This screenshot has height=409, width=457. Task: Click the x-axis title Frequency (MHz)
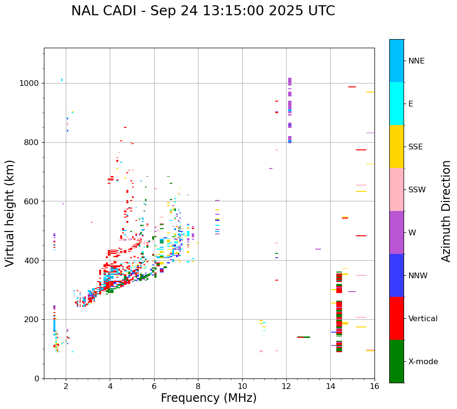208,398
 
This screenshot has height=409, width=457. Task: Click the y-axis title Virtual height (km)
10,213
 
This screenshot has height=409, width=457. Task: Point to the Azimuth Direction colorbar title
446,211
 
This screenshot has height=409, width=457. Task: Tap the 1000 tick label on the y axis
29,83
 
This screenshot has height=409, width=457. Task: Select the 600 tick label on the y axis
31,201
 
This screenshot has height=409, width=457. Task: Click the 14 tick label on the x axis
330,387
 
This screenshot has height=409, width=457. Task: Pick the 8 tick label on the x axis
198,387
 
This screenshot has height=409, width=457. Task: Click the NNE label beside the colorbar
416,61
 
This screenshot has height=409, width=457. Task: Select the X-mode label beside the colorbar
423,361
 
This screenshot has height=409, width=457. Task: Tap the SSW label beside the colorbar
417,189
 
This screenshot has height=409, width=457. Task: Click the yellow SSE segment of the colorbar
396,146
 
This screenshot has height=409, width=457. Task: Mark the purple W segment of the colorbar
396,232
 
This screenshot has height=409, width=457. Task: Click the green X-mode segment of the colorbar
396,361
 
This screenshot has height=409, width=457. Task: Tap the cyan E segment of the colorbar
396,103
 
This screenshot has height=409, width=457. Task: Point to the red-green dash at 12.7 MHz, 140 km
303,337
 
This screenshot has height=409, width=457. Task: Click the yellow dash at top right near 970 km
370,92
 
